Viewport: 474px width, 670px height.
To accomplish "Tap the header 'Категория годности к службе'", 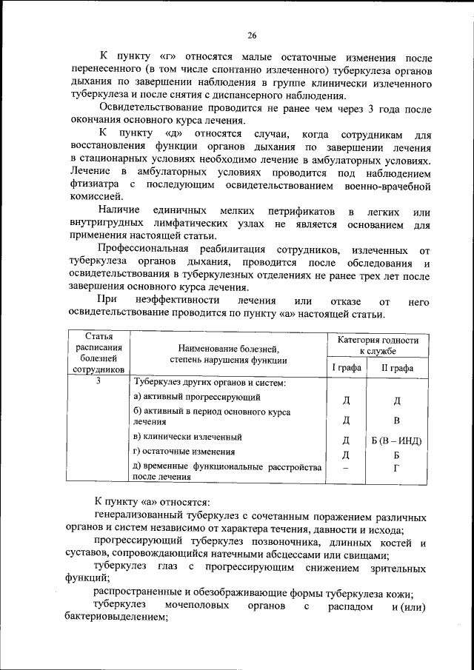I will [x=378, y=345].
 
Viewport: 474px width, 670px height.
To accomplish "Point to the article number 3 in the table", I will [x=99, y=381].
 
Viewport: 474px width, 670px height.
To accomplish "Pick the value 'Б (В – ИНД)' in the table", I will [x=396, y=440].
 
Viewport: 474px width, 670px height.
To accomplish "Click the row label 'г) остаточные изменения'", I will [x=184, y=452].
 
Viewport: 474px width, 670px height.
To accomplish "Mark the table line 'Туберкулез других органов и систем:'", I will [x=210, y=382].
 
